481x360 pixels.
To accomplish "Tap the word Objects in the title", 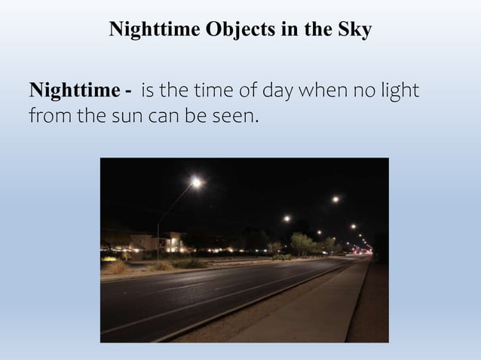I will (x=241, y=30).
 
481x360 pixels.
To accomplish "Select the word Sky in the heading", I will (x=355, y=30).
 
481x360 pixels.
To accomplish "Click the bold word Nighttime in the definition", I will (x=73, y=92).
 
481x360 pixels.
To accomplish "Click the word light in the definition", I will (x=398, y=92).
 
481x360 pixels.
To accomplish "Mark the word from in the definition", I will (x=47, y=117).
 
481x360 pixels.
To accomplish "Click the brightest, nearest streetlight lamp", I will (x=196, y=182).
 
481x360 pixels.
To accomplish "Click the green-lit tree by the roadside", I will (x=302, y=243).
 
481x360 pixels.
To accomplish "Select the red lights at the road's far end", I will (x=368, y=249).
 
